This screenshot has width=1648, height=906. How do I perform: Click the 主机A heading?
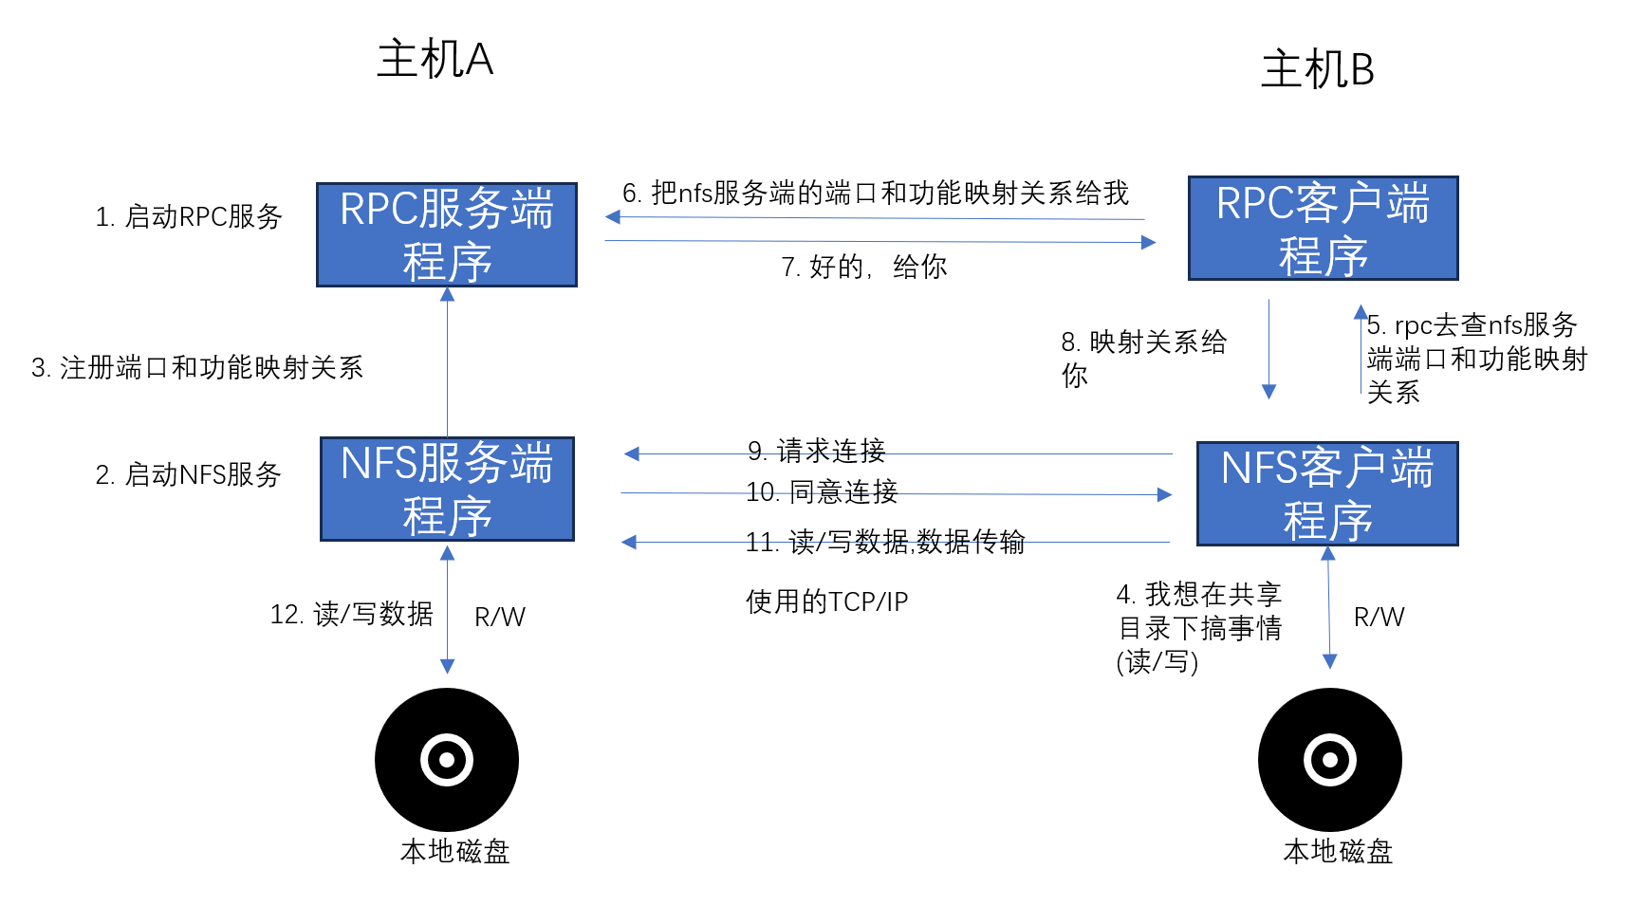(x=435, y=60)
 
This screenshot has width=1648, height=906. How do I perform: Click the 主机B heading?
(x=1317, y=70)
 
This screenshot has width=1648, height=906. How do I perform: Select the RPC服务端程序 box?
(x=447, y=235)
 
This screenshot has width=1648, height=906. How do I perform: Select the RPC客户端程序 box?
(x=1323, y=229)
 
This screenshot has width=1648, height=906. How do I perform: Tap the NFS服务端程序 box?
(x=447, y=490)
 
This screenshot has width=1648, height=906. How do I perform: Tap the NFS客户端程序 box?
(x=1326, y=494)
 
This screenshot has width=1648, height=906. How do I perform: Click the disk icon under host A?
(x=447, y=759)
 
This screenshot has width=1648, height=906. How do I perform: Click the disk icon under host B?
(x=1329, y=759)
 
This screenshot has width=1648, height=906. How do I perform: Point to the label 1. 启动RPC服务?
(x=189, y=217)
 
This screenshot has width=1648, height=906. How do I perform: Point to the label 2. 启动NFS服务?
(x=189, y=474)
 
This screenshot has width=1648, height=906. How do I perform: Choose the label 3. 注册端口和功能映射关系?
(x=197, y=368)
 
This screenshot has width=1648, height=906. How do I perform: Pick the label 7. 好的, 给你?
(x=863, y=268)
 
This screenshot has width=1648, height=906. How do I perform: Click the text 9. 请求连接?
(x=816, y=451)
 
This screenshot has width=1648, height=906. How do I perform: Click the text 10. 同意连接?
(x=822, y=491)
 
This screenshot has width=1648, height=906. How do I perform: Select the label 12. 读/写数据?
(x=351, y=615)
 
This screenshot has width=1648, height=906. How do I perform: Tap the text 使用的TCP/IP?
(x=826, y=601)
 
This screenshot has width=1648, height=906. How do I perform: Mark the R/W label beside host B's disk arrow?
(x=1379, y=618)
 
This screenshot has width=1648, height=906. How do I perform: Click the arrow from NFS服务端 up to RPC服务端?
(x=447, y=361)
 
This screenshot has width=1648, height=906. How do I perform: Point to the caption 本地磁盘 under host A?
(x=455, y=852)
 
